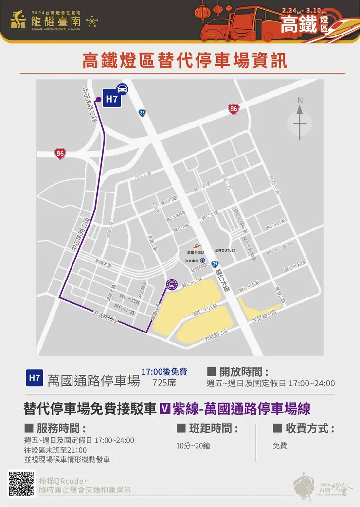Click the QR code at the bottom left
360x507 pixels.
pyautogui.click(x=21, y=483)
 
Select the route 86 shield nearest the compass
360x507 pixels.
pyautogui.click(x=234, y=109)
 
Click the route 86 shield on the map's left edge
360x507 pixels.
pyautogui.click(x=60, y=154)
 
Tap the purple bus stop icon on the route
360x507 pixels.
pyautogui.click(x=171, y=285)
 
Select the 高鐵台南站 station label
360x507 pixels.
pyautogui.click(x=196, y=252)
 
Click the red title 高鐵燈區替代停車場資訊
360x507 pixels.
pyautogui.click(x=184, y=61)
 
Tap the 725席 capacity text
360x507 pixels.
pyautogui.click(x=164, y=382)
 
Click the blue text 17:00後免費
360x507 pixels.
pyautogui.click(x=164, y=372)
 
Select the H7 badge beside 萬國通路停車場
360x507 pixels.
pyautogui.click(x=34, y=378)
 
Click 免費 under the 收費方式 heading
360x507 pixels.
pyautogui.click(x=280, y=445)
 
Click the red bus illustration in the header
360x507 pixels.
pyautogui.click(x=253, y=22)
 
